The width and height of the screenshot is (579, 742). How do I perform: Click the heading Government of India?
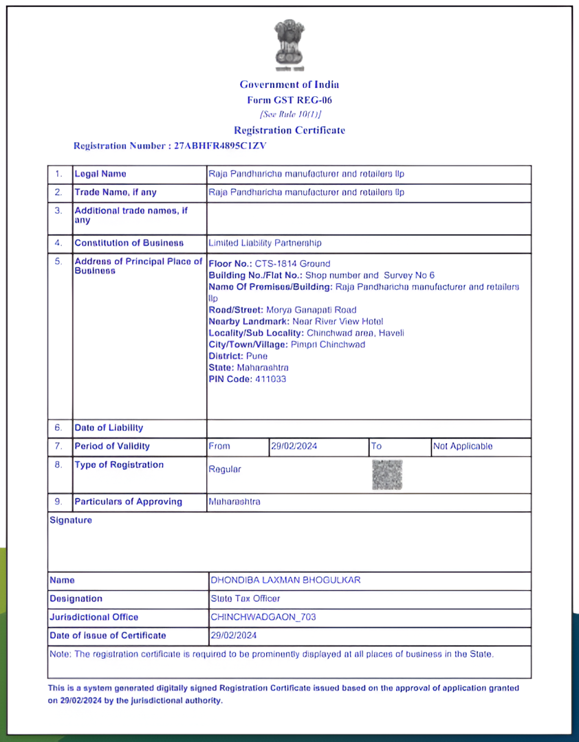point(289,85)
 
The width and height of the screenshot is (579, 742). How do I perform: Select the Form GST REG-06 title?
point(289,100)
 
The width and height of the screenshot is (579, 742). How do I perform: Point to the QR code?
point(387,475)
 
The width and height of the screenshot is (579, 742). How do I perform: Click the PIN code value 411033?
point(270,379)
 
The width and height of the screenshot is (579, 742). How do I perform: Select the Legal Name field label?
point(100,174)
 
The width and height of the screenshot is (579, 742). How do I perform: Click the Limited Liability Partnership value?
point(265,243)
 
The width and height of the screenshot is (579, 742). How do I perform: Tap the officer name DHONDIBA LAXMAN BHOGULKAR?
point(285,580)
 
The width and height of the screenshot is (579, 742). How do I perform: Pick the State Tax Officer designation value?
point(245,598)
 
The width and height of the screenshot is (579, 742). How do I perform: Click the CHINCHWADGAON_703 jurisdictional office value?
point(263,617)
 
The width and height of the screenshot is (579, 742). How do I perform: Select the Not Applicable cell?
point(463,447)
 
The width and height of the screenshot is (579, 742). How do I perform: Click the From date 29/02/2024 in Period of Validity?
point(294,447)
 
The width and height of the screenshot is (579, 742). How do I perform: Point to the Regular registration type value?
point(225,469)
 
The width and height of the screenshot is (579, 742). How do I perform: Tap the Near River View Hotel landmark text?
point(338,322)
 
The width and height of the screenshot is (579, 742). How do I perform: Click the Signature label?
point(71,520)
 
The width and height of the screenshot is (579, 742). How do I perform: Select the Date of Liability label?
point(109,428)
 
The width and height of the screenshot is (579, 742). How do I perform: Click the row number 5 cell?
point(58,262)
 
